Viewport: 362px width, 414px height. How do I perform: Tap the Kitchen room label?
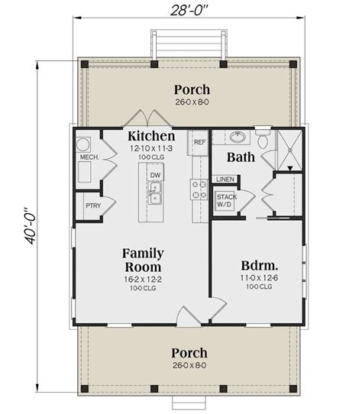(151, 135)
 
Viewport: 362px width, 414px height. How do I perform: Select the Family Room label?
(142, 260)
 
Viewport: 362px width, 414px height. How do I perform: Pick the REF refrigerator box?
(199, 142)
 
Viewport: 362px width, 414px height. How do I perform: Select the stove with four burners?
(199, 189)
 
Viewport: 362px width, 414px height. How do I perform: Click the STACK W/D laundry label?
(225, 201)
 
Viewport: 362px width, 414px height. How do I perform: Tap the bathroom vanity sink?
(237, 138)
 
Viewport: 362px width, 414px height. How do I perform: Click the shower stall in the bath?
(289, 149)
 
